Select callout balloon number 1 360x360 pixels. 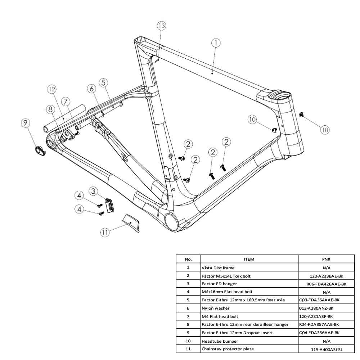[216, 43]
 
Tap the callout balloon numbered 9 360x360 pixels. [26, 123]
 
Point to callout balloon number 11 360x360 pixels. [105, 233]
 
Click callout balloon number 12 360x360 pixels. [52, 89]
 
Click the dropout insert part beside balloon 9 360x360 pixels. [40, 150]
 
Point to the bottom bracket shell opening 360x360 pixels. [171, 219]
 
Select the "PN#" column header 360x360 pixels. [327, 259]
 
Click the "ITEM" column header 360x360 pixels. [249, 259]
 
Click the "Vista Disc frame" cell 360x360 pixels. [218, 268]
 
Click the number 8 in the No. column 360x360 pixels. [188, 324]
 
